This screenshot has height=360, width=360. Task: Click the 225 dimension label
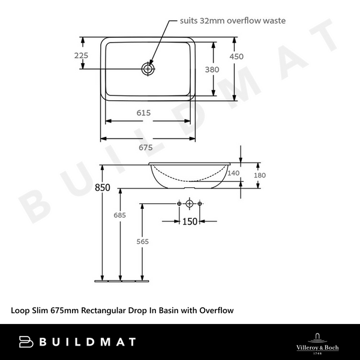tap(82, 55)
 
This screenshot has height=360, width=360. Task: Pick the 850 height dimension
tap(103, 187)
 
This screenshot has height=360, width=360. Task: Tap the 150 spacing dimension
tap(190, 221)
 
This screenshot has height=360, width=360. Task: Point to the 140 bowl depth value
tap(233, 173)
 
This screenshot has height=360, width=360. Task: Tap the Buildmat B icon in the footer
tap(26, 341)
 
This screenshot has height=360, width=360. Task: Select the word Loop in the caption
tap(20, 310)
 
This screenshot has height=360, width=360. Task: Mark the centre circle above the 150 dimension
tap(190, 205)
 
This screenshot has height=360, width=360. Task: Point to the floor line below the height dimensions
tap(121, 280)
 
